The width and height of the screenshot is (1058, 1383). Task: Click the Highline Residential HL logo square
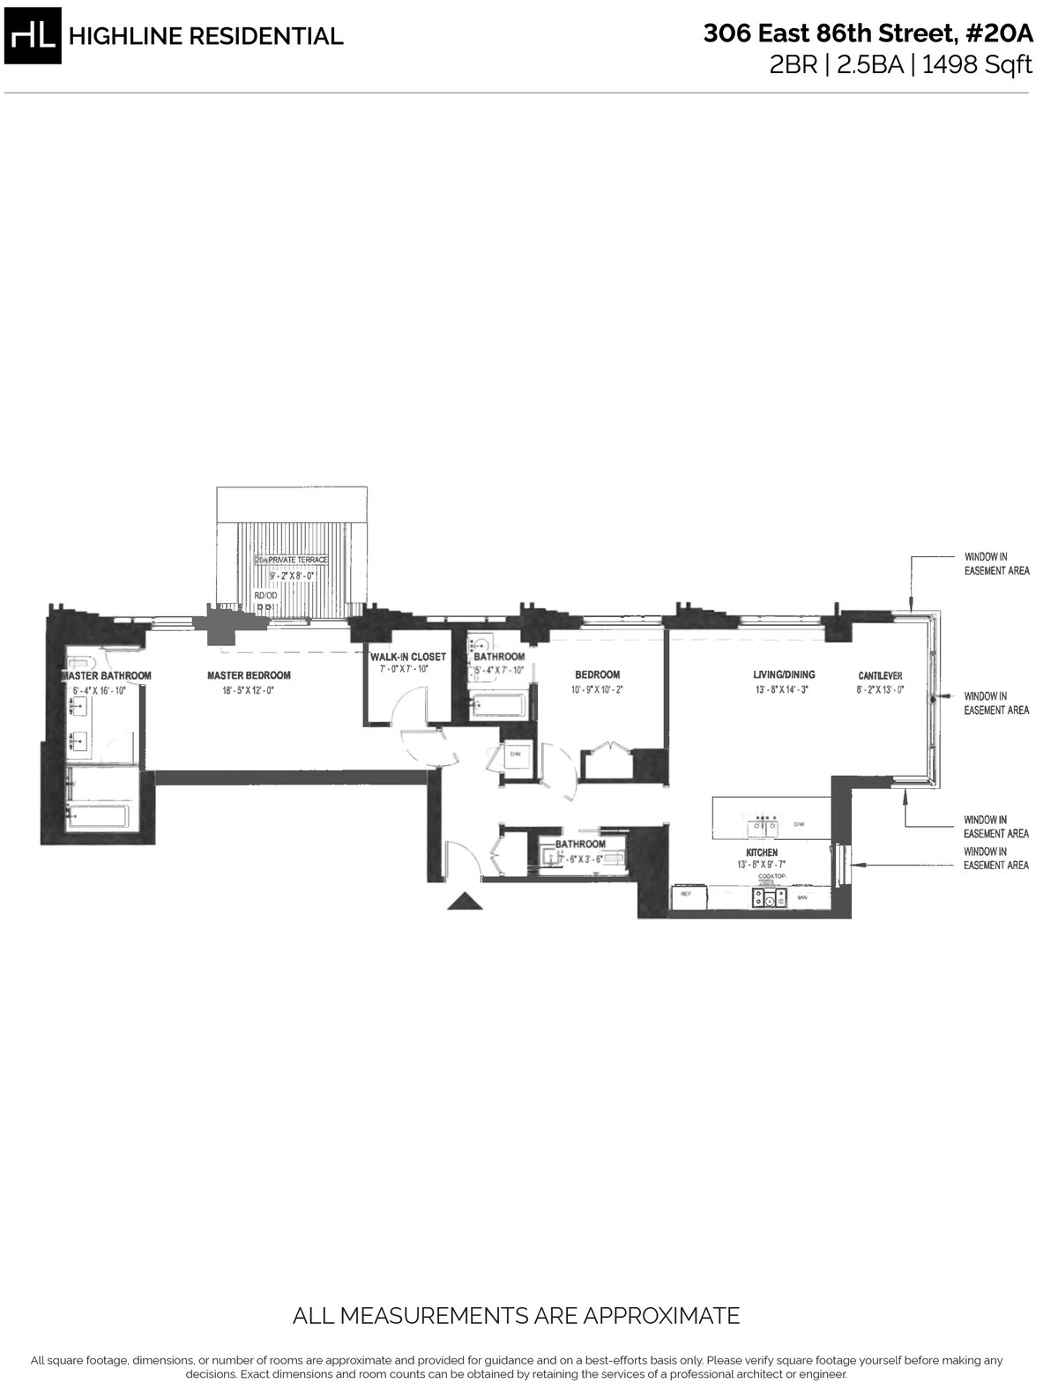click(x=33, y=35)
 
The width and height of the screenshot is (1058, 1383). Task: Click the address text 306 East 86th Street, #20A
click(x=867, y=33)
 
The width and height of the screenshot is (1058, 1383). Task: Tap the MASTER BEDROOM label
click(x=249, y=675)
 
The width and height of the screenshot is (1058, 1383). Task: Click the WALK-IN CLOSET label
click(x=407, y=657)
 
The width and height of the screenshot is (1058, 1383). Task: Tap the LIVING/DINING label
click(x=784, y=674)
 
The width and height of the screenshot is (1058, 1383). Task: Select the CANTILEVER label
click(x=880, y=675)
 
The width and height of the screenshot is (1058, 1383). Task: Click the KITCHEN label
click(x=762, y=852)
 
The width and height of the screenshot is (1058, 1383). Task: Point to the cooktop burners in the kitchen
click(x=768, y=898)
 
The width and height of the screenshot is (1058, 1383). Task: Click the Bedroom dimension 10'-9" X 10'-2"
click(x=598, y=689)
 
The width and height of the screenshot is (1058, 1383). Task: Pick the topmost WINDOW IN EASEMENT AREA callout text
click(x=996, y=563)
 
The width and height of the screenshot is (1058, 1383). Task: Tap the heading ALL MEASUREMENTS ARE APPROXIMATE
click(x=516, y=1316)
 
